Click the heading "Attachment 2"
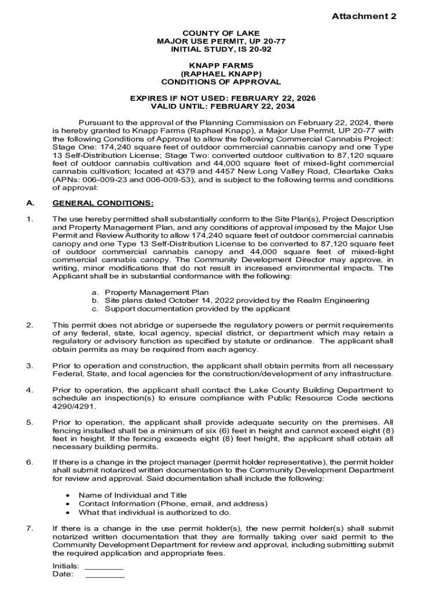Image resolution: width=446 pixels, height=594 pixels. [364, 16]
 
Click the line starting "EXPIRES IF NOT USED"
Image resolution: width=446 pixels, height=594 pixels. [222, 99]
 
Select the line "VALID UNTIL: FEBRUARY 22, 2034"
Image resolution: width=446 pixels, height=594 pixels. [222, 107]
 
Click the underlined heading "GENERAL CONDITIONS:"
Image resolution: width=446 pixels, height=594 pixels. [103, 203]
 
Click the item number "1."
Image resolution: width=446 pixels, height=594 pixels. [30, 219]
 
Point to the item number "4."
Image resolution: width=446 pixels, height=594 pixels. [30, 390]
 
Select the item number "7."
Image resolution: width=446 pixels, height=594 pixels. [30, 528]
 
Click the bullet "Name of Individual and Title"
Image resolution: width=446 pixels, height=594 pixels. [133, 495]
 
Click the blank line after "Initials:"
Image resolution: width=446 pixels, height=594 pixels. [104, 566]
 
